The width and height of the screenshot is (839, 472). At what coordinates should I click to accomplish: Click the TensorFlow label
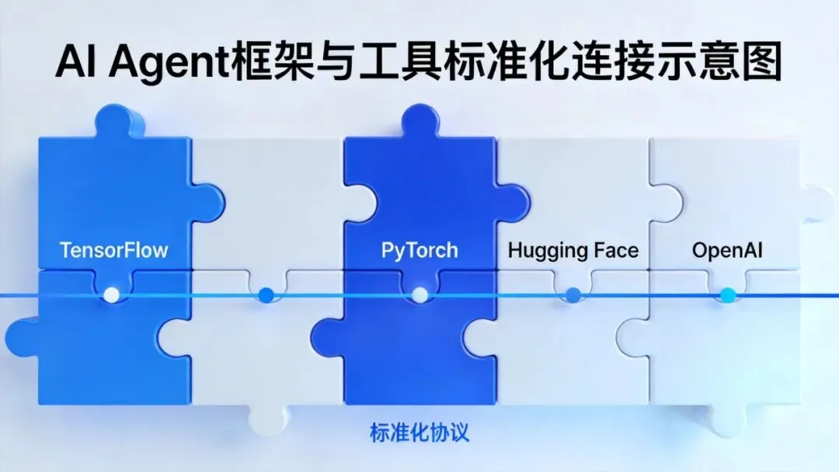click(114, 251)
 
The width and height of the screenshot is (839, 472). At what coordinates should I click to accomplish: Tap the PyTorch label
click(419, 251)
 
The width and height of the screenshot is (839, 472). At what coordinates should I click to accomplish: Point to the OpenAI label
click(727, 251)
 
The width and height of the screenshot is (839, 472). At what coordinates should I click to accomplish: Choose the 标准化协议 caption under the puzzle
click(419, 432)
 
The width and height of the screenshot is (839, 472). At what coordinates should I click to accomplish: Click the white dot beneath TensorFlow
click(112, 294)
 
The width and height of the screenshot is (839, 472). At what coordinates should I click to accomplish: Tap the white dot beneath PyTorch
click(419, 294)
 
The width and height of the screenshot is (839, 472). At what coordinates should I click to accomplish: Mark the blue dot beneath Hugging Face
click(573, 294)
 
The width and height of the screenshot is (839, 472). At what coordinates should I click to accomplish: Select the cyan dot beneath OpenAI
click(727, 294)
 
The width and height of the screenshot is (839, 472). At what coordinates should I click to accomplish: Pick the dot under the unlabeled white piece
click(266, 294)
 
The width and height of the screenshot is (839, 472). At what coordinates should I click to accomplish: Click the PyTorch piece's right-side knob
click(514, 204)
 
